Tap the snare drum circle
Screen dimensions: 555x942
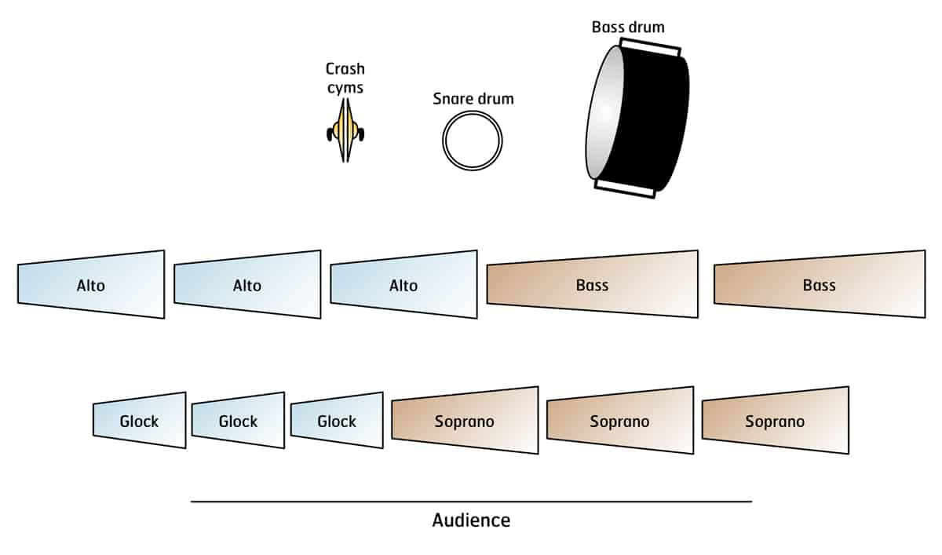tap(472, 141)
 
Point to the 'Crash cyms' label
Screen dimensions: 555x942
tap(345, 78)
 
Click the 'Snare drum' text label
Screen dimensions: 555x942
tap(473, 99)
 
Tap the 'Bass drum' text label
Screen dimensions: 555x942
tap(628, 27)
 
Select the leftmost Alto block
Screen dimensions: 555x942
tap(91, 285)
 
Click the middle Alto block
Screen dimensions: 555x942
tap(247, 285)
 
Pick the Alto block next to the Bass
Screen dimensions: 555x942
tap(403, 285)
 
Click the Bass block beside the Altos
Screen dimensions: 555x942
tap(592, 285)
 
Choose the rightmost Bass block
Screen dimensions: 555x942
tap(819, 285)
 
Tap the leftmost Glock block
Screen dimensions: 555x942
tap(139, 421)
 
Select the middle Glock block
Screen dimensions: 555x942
tap(238, 421)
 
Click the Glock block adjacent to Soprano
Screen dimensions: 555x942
tap(337, 421)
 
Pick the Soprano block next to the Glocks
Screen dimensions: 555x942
tap(465, 421)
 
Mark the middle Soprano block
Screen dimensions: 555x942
tap(619, 421)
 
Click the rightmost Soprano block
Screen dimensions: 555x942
tap(775, 421)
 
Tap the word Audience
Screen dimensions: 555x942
tap(471, 520)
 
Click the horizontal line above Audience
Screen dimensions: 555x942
tap(471, 501)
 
